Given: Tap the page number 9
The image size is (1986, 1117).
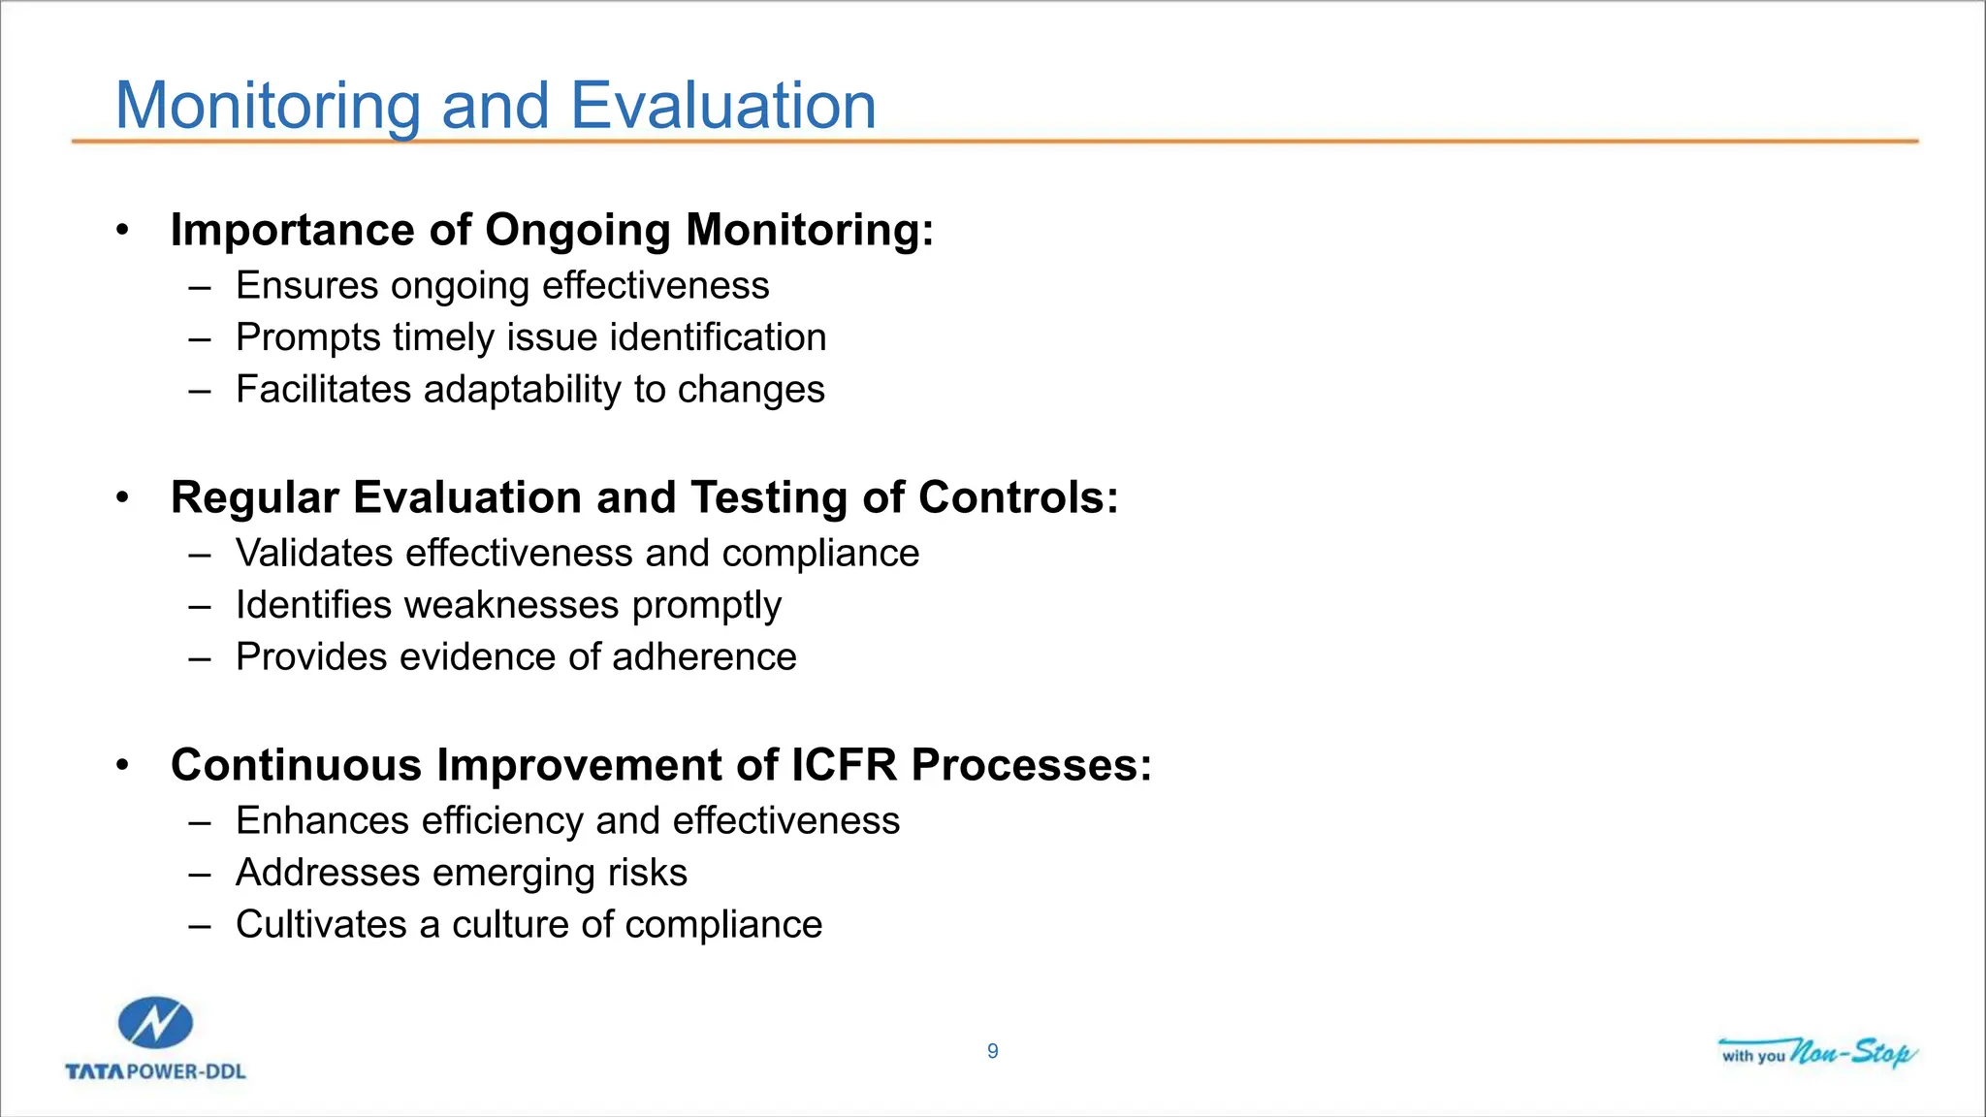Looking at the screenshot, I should click(992, 1051).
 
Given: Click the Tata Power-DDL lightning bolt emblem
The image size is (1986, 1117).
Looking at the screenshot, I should click(155, 1023).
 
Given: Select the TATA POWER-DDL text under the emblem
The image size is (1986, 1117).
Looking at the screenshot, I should click(155, 1071).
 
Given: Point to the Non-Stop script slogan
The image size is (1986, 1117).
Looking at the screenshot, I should click(1852, 1052).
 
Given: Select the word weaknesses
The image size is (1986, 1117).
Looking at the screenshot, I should click(511, 605).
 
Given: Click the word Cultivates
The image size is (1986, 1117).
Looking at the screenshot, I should click(321, 924).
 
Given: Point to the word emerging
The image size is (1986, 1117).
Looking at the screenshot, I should click(513, 874).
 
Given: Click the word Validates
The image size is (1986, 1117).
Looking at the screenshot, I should click(314, 554).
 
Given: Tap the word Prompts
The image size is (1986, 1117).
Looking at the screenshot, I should click(308, 338).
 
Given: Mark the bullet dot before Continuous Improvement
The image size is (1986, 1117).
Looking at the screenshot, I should click(122, 765).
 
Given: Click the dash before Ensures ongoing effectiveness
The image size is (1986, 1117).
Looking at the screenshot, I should click(200, 287).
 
